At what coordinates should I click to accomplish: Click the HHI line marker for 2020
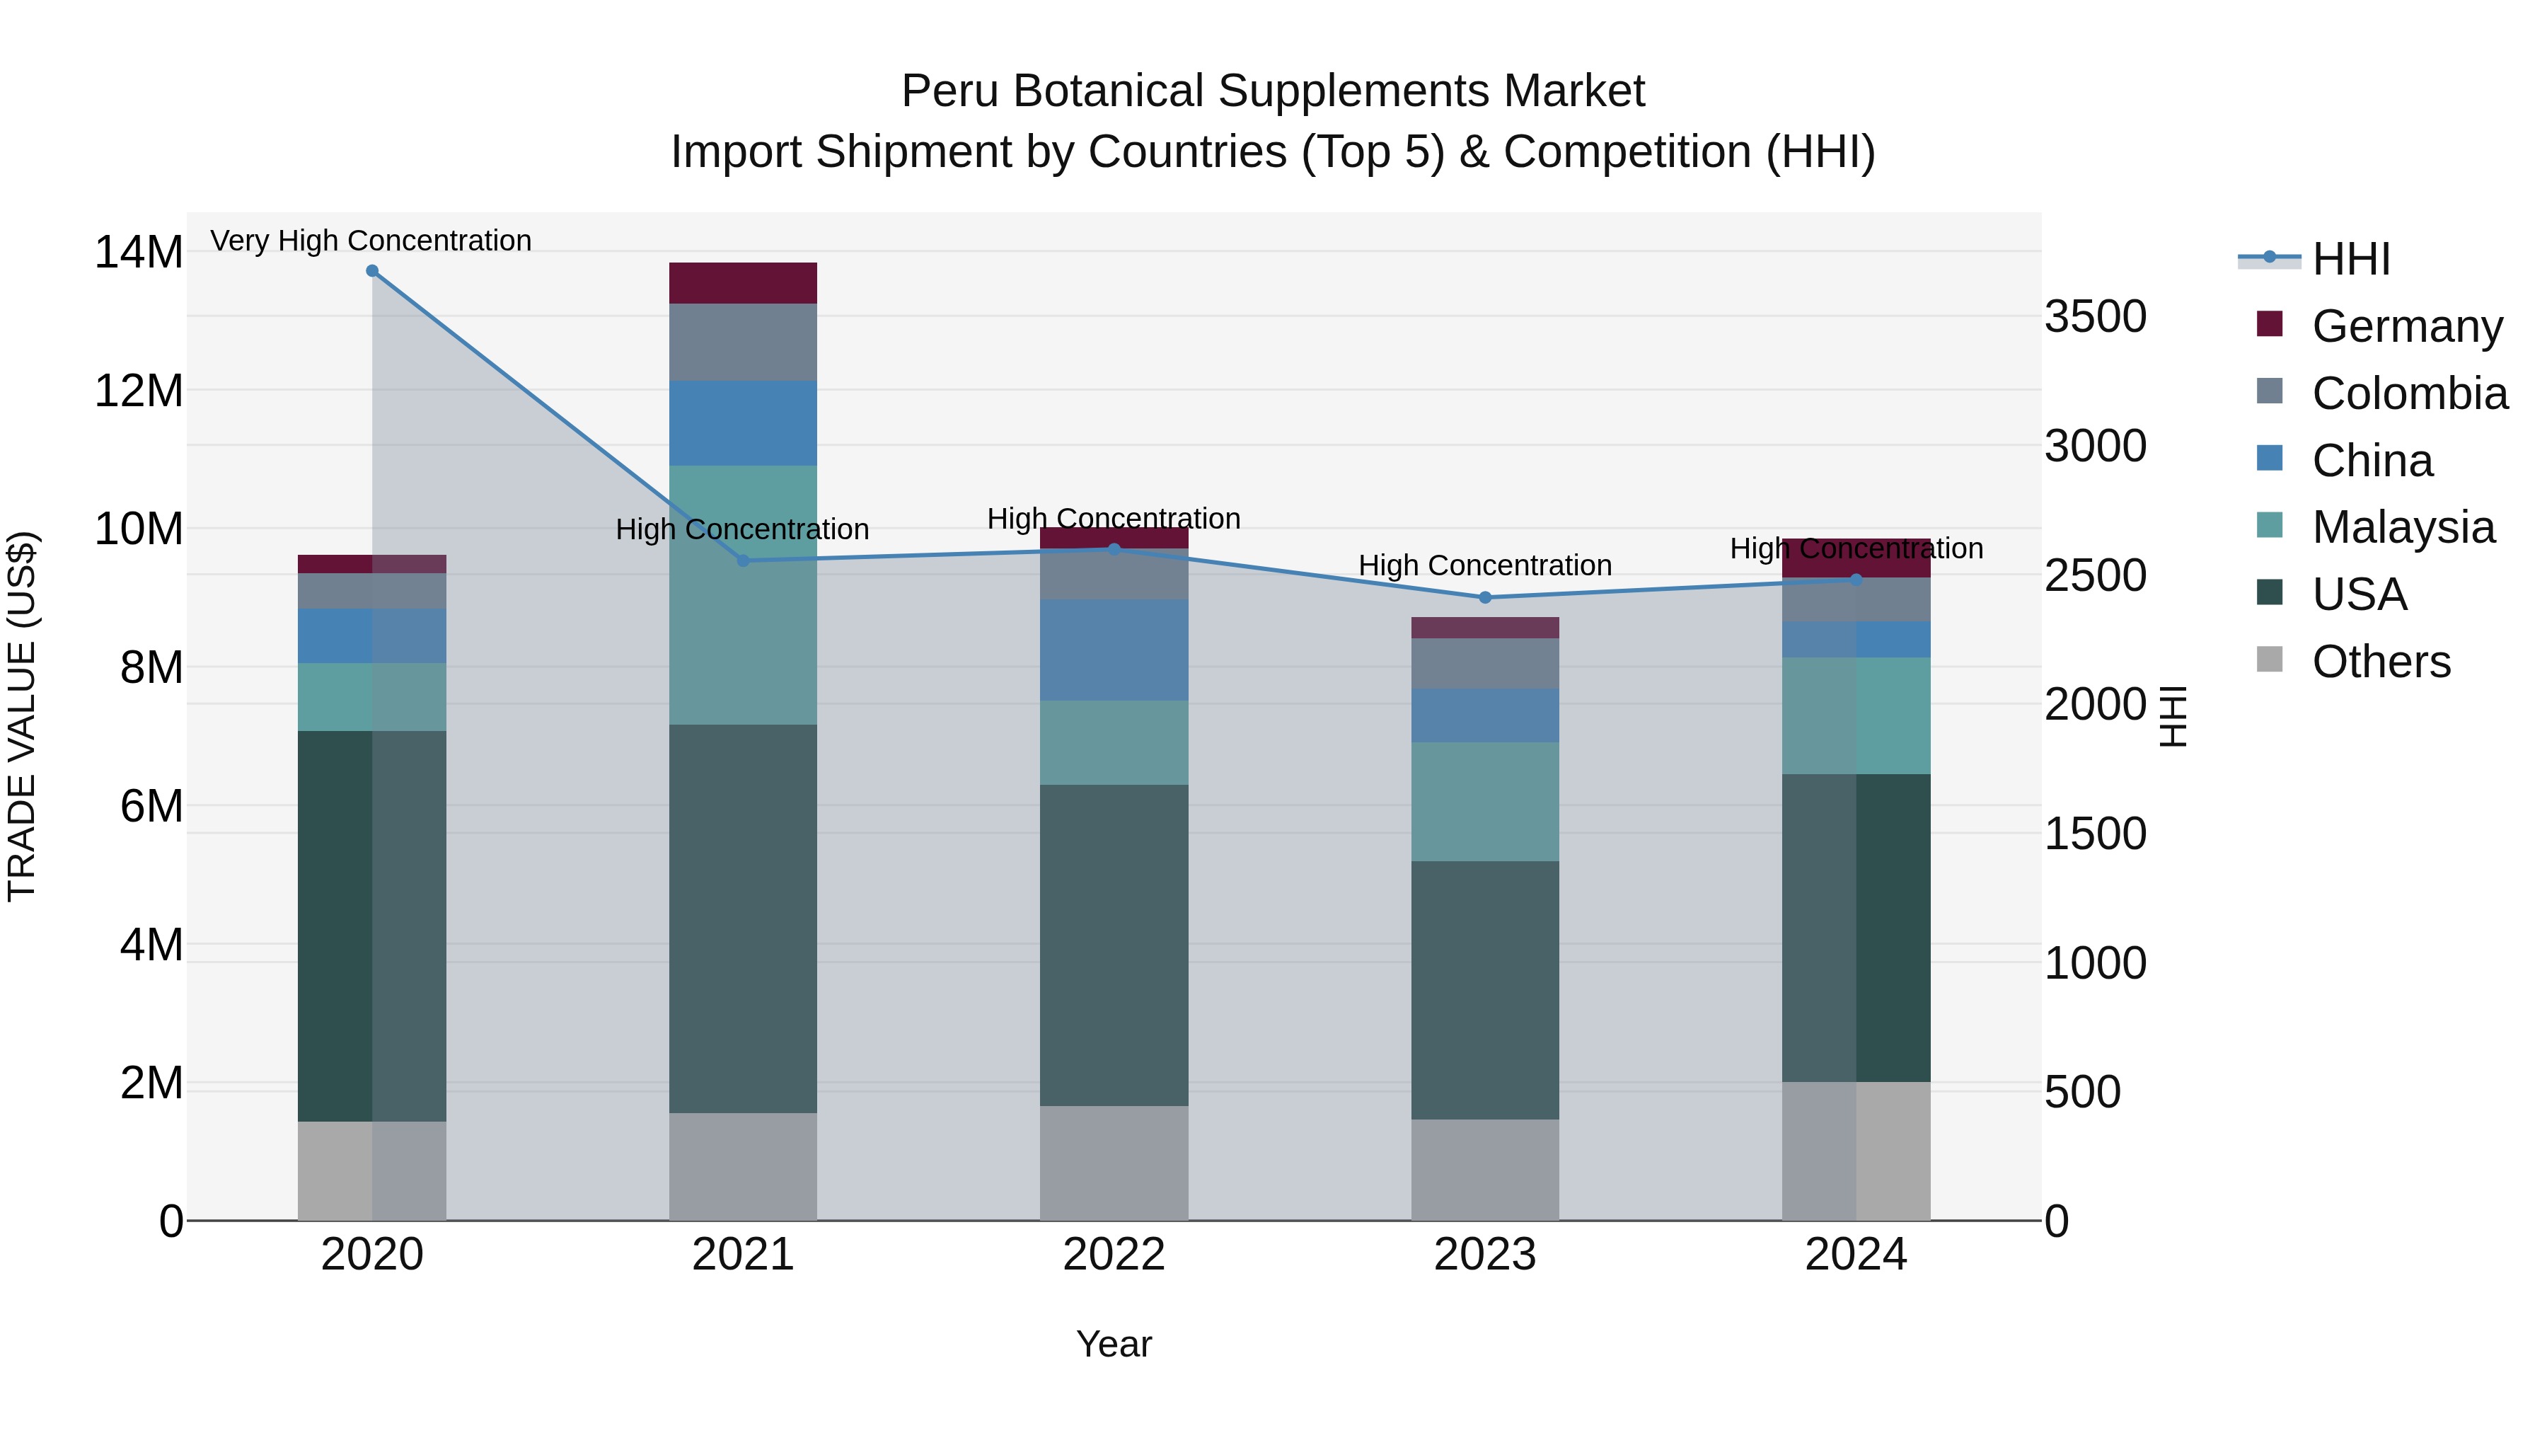point(371,271)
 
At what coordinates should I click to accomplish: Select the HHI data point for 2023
point(1484,597)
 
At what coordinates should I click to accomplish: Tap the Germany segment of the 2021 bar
point(743,283)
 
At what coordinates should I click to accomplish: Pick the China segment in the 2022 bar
point(1114,650)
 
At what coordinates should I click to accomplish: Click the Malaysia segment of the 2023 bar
point(1484,801)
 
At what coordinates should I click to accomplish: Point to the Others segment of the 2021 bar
point(743,1166)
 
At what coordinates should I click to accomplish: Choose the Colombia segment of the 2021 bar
point(743,343)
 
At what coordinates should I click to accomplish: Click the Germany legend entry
point(2407,326)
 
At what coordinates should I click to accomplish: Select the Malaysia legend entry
point(2403,527)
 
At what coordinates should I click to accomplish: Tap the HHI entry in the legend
point(2350,259)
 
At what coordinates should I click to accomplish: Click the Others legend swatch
point(2270,660)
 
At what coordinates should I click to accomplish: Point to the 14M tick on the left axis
point(139,252)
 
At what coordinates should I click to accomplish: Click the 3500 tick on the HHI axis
point(2095,318)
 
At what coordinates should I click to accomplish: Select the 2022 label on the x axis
point(1114,1255)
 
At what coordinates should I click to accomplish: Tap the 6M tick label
point(150,806)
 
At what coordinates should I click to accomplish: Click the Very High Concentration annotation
point(371,241)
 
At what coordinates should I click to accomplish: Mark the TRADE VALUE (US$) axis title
point(22,716)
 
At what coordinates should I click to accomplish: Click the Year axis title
point(1114,1344)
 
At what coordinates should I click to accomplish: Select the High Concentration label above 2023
point(1484,565)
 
